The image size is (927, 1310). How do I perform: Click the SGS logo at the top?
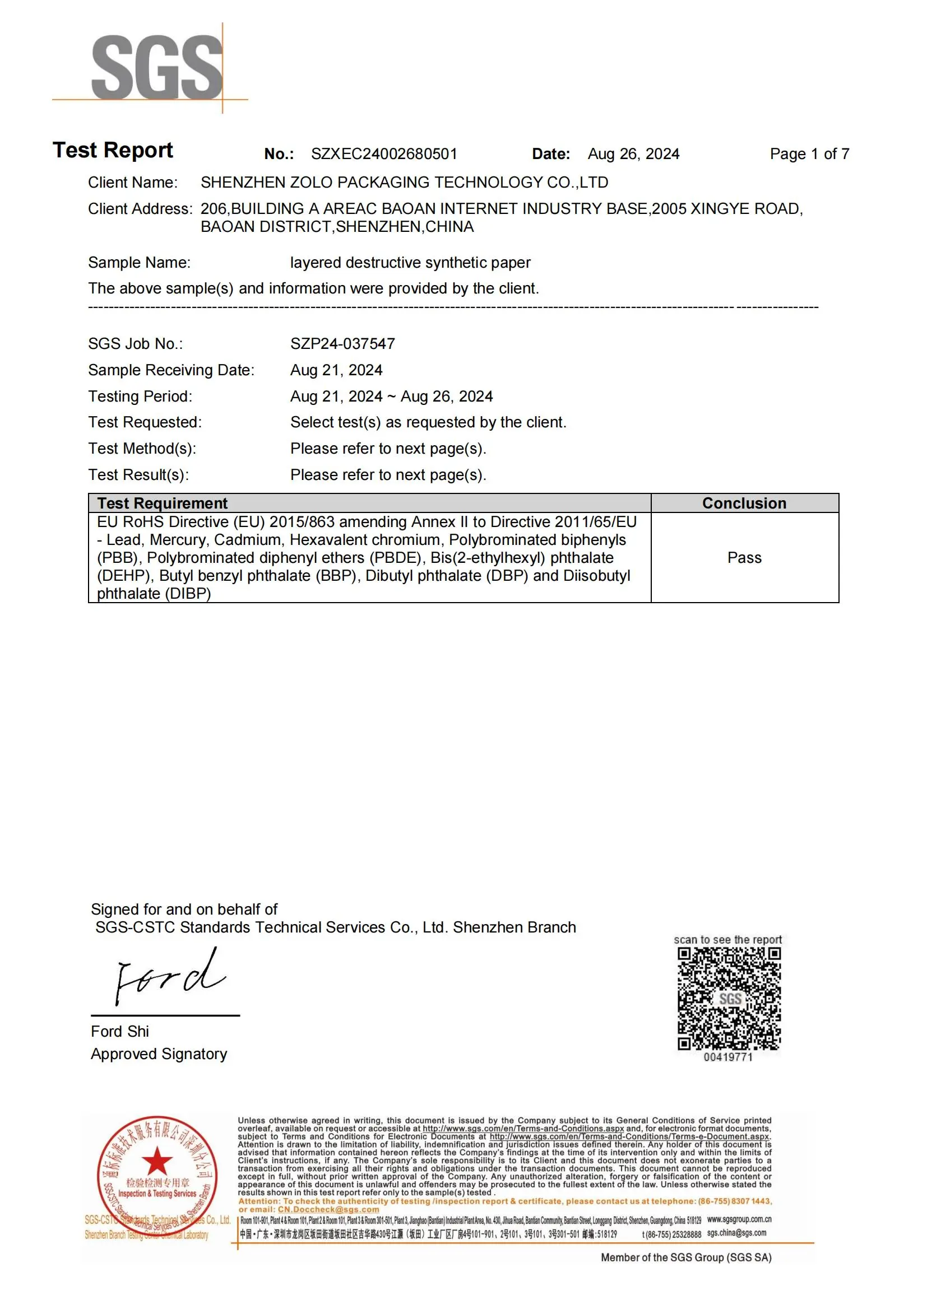156,67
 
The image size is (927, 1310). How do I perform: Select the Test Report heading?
113,150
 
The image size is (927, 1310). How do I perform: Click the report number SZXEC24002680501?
383,154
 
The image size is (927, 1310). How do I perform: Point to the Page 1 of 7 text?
809,154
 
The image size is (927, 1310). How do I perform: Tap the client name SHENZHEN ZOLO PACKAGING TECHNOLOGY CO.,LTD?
404,183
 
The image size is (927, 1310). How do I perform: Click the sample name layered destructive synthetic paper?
410,263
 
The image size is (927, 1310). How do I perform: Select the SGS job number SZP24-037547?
342,343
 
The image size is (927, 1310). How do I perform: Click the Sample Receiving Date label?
172,370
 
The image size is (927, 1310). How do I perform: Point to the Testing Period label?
141,397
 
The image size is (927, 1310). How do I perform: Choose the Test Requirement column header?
162,504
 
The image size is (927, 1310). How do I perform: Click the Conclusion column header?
744,504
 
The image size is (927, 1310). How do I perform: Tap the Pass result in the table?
744,557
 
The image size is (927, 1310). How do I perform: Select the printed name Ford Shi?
120,1032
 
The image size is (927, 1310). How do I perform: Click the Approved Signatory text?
159,1054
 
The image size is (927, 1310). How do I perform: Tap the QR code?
729,999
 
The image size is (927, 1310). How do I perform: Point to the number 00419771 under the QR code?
728,1057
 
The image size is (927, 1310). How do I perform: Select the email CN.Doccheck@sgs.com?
328,1210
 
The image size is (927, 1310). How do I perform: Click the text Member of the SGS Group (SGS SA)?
685,1257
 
